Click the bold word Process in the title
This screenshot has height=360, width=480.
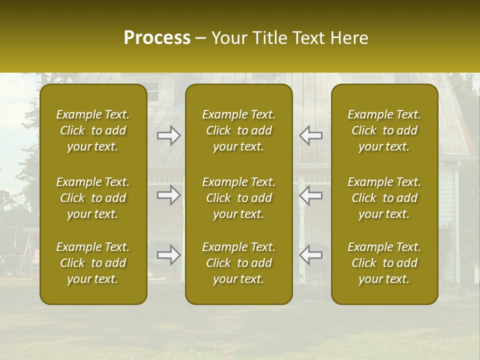157,38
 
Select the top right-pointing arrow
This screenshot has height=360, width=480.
169,135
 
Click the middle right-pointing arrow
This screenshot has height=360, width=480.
169,195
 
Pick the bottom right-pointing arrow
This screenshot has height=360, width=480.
169,254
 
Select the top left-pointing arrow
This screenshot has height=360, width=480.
310,135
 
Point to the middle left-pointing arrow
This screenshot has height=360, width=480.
310,195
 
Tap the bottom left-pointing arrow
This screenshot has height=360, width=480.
310,254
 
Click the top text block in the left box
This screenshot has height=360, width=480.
93,130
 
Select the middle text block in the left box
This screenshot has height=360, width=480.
93,198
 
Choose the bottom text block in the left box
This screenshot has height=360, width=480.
93,263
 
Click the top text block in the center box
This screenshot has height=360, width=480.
238,130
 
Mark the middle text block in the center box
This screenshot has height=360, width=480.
238,198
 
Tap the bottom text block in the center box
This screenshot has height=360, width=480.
238,263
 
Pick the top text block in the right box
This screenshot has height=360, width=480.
384,130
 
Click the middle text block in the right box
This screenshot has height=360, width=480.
384,198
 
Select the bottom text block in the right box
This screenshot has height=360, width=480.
384,263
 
